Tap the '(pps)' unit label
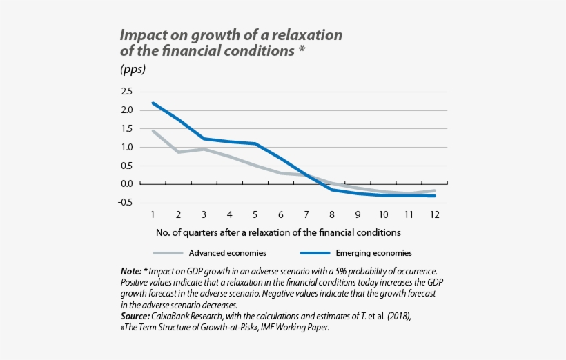[133, 70]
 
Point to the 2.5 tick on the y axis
[126, 92]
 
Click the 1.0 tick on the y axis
[126, 147]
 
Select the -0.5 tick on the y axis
[125, 203]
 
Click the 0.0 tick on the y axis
[126, 184]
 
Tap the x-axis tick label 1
[152, 214]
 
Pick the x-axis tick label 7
[306, 214]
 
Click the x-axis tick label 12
[435, 214]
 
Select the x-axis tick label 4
[229, 214]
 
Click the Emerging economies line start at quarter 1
[153, 103]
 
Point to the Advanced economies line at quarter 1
[153, 130]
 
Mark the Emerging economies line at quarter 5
[255, 143]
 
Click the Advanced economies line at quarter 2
[178, 152]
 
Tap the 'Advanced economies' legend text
[228, 253]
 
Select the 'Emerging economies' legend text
[373, 253]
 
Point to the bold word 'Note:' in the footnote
[131, 272]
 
